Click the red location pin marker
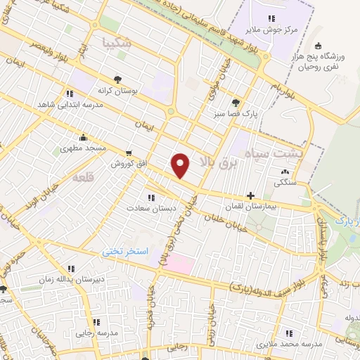(181, 165)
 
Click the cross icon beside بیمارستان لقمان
(251, 195)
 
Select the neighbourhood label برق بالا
(214, 163)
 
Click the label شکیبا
(116, 42)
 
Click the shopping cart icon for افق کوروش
(128, 153)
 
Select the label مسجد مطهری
(81, 149)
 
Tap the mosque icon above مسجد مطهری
(84, 137)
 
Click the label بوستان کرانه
(117, 91)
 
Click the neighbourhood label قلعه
(83, 179)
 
